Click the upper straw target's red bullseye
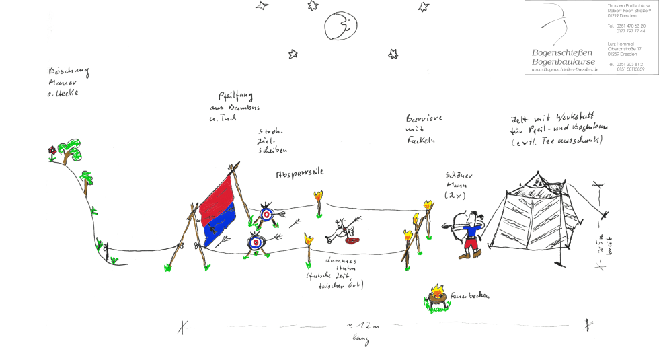pyautogui.click(x=266, y=215)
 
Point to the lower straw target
pyautogui.click(x=256, y=243)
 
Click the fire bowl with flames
pyautogui.click(x=438, y=296)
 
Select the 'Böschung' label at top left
pyautogui.click(x=68, y=73)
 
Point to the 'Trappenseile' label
pyautogui.click(x=301, y=172)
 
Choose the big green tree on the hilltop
pyautogui.click(x=69, y=149)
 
